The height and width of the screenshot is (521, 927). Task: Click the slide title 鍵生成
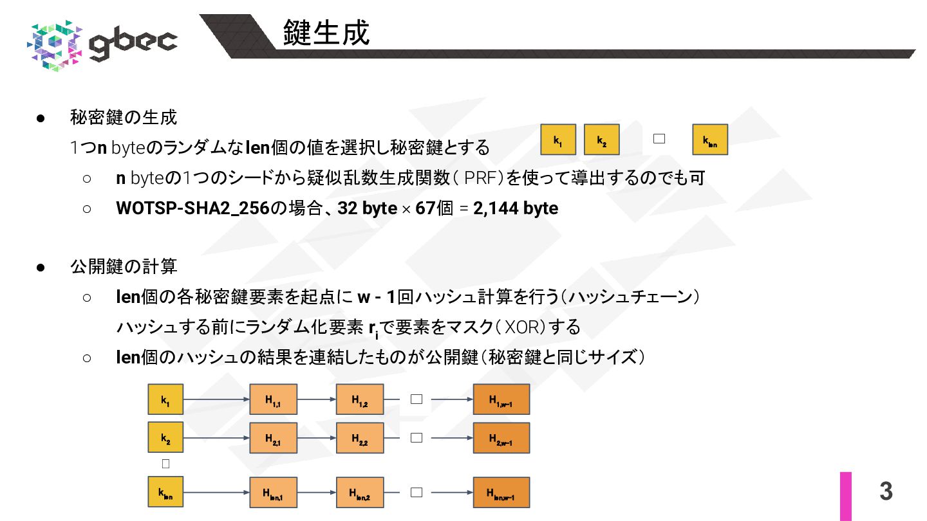click(x=326, y=33)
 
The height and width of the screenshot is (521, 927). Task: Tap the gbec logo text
click(x=133, y=42)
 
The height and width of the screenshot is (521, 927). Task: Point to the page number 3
click(x=886, y=491)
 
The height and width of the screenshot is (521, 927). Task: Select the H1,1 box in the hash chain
click(x=273, y=400)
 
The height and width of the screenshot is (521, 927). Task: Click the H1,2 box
click(x=359, y=400)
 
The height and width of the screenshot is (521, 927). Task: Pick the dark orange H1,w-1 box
click(x=501, y=400)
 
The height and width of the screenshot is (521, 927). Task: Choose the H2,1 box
click(x=273, y=438)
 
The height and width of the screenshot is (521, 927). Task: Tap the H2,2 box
click(x=359, y=438)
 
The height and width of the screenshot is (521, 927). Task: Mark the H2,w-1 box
click(x=501, y=438)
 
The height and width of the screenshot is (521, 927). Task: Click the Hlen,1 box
click(x=273, y=492)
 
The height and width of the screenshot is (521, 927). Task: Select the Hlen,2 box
click(x=359, y=492)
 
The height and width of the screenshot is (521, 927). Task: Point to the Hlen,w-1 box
click(x=501, y=492)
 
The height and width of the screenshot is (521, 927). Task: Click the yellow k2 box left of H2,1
click(x=165, y=438)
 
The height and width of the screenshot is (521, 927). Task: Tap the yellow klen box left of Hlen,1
click(x=165, y=492)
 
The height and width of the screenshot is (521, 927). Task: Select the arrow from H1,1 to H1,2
click(x=316, y=400)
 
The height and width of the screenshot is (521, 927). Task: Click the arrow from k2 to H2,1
click(x=216, y=438)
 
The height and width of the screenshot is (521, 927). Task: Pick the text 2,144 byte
click(x=515, y=208)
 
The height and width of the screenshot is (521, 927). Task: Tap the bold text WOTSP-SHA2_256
click(x=192, y=208)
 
